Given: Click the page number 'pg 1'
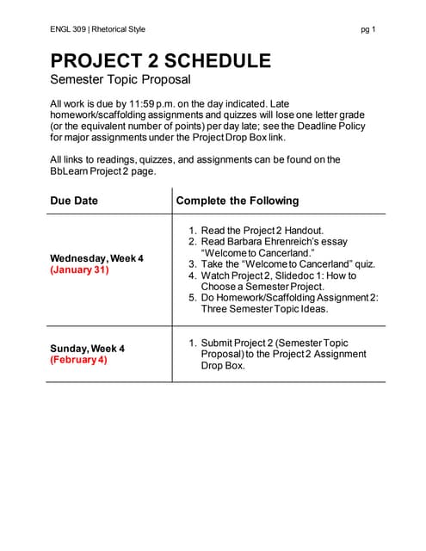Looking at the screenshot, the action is [368, 29].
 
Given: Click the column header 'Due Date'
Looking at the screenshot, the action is [74, 201].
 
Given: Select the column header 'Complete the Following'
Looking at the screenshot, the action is [237, 201].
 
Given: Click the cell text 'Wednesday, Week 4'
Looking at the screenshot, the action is [96, 258].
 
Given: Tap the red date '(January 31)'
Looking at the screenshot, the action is [80, 269].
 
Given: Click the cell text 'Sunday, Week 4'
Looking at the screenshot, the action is [87, 348].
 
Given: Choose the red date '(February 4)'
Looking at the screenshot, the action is [78, 359].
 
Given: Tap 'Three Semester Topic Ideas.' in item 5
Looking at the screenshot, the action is [259, 309].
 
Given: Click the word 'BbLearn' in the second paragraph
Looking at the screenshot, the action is [70, 170].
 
